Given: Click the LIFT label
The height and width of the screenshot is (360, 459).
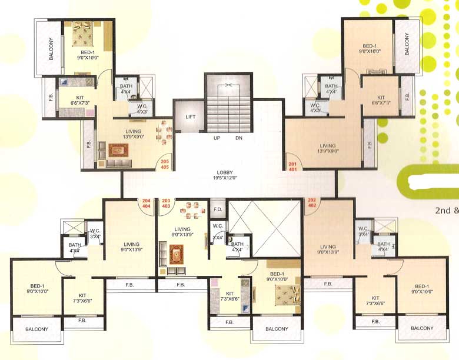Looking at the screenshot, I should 190,117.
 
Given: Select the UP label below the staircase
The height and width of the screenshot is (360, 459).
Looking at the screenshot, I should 217,139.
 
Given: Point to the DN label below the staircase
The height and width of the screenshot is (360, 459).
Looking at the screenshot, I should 239,139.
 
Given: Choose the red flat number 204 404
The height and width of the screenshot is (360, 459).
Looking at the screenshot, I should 147,204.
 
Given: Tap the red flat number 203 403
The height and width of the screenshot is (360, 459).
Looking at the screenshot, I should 166,204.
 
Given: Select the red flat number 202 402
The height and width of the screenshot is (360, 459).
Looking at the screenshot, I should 312,204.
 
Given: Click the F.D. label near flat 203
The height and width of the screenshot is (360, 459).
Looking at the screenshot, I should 217,209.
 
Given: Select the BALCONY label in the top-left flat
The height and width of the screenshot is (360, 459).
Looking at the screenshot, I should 48,49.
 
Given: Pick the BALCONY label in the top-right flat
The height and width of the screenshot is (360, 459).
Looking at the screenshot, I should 407,44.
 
